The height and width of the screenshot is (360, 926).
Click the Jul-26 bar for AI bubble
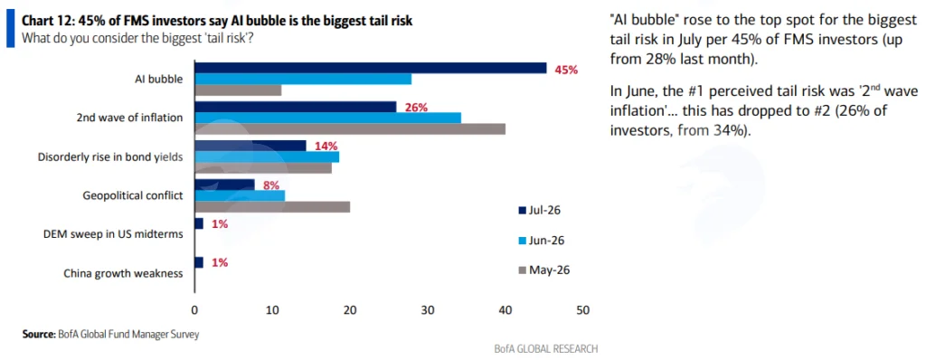coord(370,68)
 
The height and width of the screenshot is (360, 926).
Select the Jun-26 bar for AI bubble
coord(303,80)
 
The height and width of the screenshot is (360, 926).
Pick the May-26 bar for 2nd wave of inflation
coord(350,128)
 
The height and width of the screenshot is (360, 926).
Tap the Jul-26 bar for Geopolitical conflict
coord(224,185)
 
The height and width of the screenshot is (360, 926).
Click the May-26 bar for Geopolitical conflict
coord(272,207)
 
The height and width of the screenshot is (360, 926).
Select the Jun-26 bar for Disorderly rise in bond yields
coord(267,156)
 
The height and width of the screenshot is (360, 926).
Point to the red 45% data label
coord(566,69)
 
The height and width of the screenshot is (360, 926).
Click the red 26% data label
coord(416,107)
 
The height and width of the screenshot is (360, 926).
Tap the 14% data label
coord(326,146)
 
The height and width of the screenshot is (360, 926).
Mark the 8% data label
coord(271,185)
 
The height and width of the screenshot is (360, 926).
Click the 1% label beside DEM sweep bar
coord(220,223)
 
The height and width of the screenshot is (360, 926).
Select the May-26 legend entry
coord(543,270)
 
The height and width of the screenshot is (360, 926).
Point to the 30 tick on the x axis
coord(428,309)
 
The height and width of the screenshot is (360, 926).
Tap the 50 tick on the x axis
coord(583,309)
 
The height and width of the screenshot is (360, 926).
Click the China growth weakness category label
coord(123,273)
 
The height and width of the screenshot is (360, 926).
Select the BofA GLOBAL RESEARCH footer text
coord(546,348)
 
